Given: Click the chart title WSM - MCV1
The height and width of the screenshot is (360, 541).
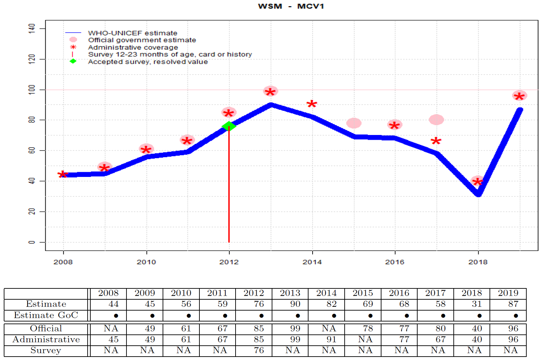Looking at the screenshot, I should [x=291, y=6].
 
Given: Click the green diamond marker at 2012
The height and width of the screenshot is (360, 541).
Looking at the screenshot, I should [x=229, y=126].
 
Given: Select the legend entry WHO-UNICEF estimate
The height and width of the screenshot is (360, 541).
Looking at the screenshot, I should [x=132, y=33].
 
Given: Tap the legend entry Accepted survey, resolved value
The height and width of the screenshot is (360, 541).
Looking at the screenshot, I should [x=148, y=62].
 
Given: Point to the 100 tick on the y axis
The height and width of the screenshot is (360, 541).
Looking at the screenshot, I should [x=32, y=90].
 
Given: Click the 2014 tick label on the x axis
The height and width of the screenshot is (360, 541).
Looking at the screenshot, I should [x=312, y=262].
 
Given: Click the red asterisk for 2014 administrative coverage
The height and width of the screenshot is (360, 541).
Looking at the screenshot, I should [x=312, y=104].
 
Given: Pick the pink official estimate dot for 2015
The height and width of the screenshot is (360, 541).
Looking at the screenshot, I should [x=354, y=123].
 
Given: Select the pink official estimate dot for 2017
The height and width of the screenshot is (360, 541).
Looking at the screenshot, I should [x=436, y=120].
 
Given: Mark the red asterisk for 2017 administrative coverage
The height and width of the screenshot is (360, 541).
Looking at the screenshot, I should [x=436, y=141].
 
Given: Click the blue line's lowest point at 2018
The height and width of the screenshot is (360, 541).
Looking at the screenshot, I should [x=478, y=194].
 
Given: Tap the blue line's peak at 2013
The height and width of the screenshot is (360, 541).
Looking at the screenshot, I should [x=271, y=105].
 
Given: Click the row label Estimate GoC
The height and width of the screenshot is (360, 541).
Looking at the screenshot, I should [x=46, y=315].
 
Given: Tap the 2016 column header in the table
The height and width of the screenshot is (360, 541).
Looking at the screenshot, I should [x=399, y=293].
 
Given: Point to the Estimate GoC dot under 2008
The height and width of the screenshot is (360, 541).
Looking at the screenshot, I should [x=116, y=316].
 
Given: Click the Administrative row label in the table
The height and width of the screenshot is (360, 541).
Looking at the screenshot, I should [x=46, y=340].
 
